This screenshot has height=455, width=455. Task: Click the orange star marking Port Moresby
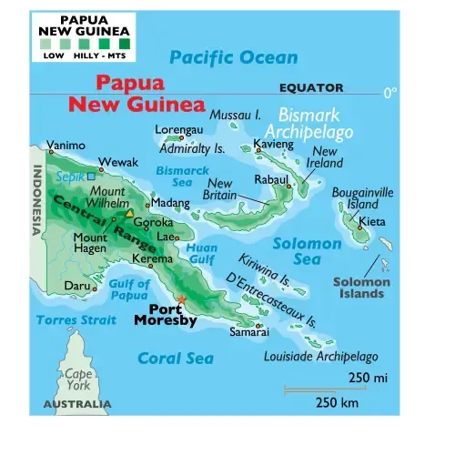click(181, 298)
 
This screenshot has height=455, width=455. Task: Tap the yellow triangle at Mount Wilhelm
click(129, 214)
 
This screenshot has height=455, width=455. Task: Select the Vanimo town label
click(66, 145)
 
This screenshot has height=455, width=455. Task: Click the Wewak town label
click(118, 162)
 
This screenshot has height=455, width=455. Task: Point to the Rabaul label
click(272, 179)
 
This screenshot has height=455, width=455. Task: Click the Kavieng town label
click(273, 145)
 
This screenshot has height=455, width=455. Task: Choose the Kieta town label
click(372, 221)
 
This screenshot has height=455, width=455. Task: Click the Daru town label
click(76, 286)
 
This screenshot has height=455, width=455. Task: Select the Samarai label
click(248, 332)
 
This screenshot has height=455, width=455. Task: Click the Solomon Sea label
click(308, 252)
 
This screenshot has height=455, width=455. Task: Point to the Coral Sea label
click(175, 358)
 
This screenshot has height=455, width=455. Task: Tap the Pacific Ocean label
click(233, 57)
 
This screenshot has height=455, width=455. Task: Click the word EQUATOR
click(311, 88)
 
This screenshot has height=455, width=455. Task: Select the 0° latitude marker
click(389, 93)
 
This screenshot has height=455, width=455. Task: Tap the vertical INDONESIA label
click(37, 199)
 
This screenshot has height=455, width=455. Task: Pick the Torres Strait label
click(76, 319)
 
